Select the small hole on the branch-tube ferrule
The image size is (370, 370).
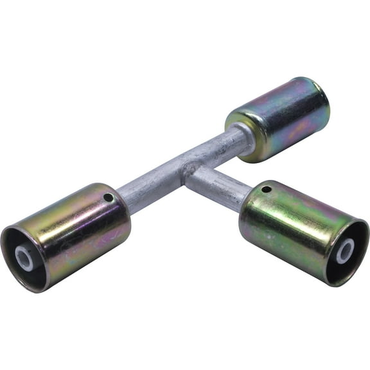[x=267, y=189]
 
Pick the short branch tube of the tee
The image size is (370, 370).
[x=215, y=186]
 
